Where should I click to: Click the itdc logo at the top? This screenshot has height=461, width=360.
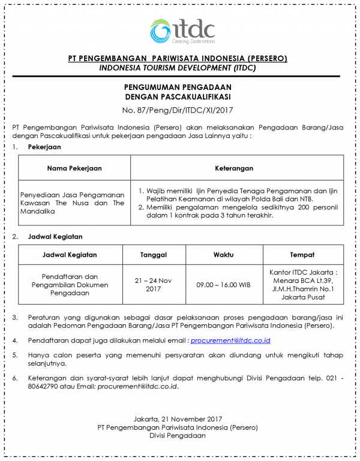click(x=182, y=32)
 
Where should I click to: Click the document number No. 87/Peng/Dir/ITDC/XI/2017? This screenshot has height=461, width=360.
click(x=178, y=110)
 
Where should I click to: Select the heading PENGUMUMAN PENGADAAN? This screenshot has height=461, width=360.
click(x=178, y=88)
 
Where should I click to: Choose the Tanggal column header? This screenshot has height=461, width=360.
click(x=154, y=254)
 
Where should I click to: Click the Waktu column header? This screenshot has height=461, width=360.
click(x=223, y=254)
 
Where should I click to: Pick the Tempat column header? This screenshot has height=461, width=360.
click(x=302, y=254)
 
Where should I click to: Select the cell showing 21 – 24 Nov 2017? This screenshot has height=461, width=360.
click(x=154, y=284)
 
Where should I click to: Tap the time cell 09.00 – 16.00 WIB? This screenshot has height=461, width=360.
click(x=223, y=285)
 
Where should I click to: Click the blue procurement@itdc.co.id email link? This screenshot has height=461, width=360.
click(x=230, y=341)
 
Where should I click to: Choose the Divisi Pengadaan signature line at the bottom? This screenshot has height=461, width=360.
click(x=178, y=436)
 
